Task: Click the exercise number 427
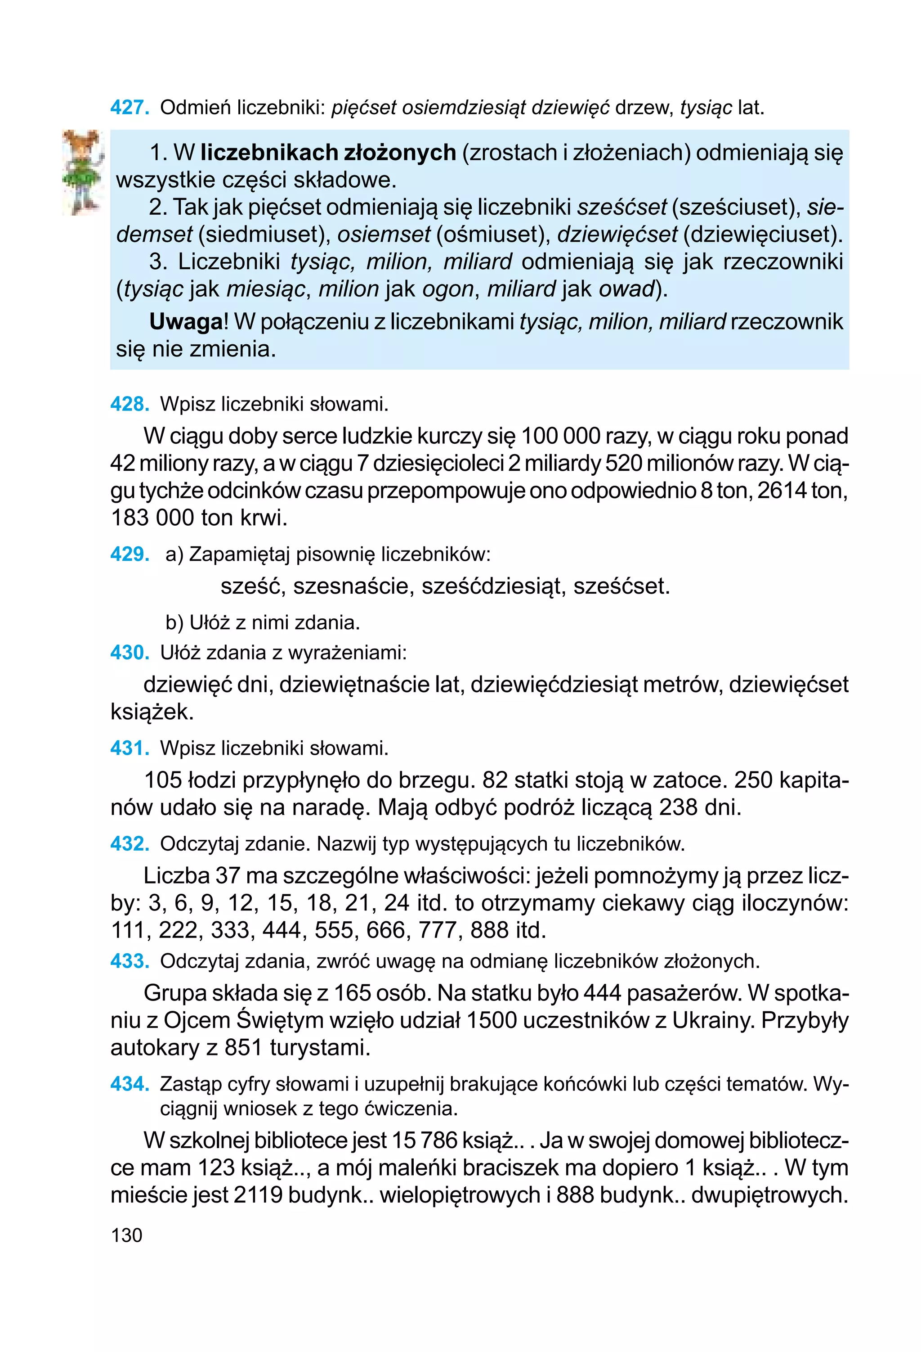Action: (129, 108)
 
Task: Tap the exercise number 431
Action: (129, 748)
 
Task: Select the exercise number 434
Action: (129, 1084)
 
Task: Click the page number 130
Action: (126, 1235)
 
